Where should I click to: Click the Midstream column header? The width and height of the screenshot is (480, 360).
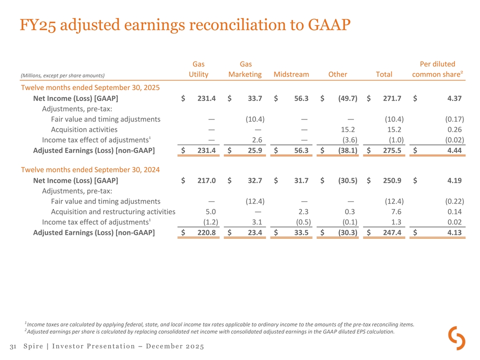click(x=291, y=74)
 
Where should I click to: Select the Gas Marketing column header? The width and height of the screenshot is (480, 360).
click(x=245, y=69)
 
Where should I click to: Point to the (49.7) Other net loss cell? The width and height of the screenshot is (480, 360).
click(x=347, y=98)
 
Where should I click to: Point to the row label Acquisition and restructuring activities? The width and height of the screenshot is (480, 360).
click(x=113, y=211)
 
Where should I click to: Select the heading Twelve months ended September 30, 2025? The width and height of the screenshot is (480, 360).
click(x=90, y=87)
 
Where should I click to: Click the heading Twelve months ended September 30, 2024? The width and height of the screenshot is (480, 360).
click(x=90, y=169)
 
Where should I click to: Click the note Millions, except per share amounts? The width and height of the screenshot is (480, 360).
click(x=62, y=75)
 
